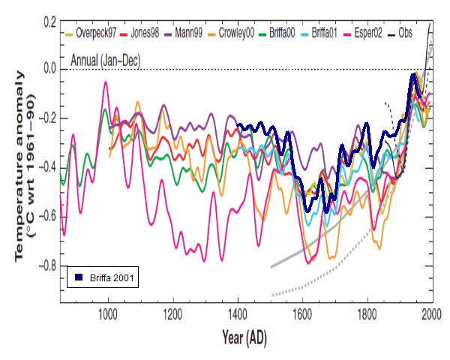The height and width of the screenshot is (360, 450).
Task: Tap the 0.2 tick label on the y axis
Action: (x=49, y=23)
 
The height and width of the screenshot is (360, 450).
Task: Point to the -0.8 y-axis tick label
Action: (x=46, y=265)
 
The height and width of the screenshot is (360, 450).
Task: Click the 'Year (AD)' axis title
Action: (x=246, y=337)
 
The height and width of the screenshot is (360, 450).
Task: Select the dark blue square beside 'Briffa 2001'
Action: (x=78, y=277)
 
